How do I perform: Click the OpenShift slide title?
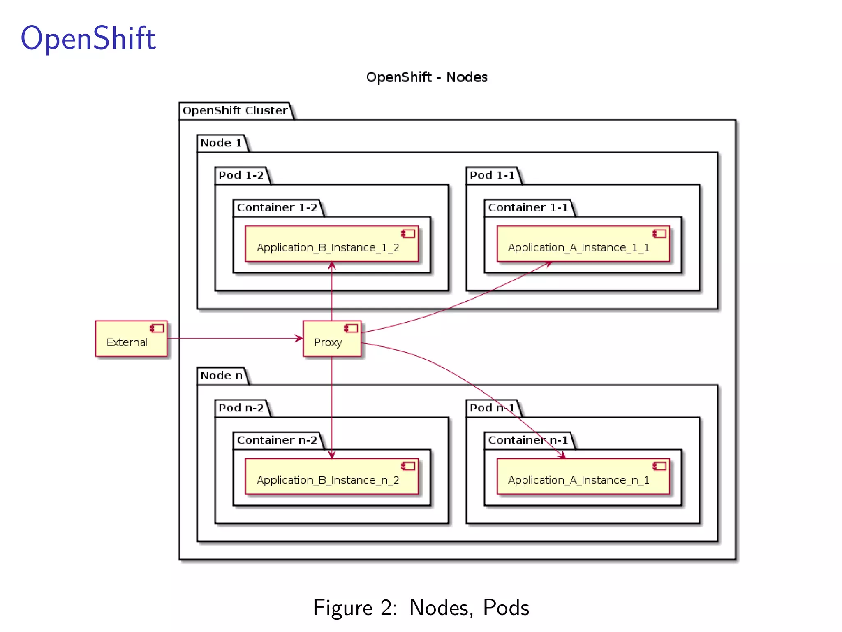pyautogui.click(x=88, y=38)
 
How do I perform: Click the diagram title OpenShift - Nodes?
pyautogui.click(x=426, y=77)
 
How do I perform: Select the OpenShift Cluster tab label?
pyautogui.click(x=235, y=111)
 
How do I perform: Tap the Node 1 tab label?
pyautogui.click(x=221, y=143)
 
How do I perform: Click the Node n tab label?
pyautogui.click(x=221, y=376)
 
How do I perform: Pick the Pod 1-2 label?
pyautogui.click(x=241, y=176)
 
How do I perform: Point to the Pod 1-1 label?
pyautogui.click(x=492, y=176)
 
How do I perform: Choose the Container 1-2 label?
pyautogui.click(x=277, y=208)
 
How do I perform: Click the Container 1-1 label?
pyautogui.click(x=527, y=208)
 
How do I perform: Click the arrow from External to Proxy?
pyautogui.click(x=234, y=338)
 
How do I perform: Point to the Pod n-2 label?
pyautogui.click(x=241, y=408)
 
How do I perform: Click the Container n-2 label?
pyautogui.click(x=277, y=440)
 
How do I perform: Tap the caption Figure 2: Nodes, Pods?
pyautogui.click(x=421, y=608)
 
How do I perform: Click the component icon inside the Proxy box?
pyautogui.click(x=351, y=328)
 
